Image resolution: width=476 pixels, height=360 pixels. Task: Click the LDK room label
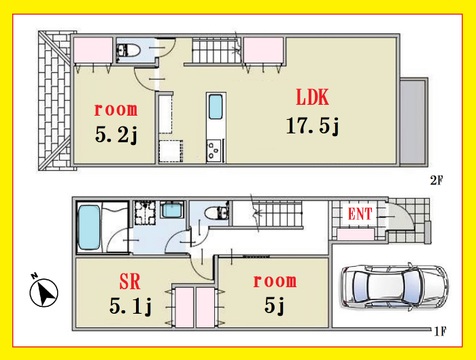coord(313,97)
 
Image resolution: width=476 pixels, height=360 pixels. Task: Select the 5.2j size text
coord(116,135)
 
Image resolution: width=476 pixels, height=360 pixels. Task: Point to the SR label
coord(130,282)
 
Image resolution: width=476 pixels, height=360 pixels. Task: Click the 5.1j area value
coord(130,306)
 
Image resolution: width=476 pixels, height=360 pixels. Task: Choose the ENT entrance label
coord(360,214)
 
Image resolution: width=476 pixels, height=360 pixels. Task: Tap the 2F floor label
coord(436,181)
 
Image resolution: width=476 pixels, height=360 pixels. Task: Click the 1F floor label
coord(440,332)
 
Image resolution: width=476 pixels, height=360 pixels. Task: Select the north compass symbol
coord(44,292)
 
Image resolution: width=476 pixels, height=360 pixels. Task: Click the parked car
coord(394,287)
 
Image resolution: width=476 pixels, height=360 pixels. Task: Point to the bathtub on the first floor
coord(89,228)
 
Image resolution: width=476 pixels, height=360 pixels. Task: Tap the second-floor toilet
coord(128,51)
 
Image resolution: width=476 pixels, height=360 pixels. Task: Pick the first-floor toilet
coord(216,213)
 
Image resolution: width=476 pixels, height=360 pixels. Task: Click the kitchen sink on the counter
coord(216,107)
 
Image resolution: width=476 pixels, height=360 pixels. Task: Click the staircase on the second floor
coord(216,50)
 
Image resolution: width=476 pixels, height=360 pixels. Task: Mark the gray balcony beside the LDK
coord(414,122)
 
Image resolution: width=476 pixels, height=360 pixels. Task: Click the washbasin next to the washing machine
coord(172,210)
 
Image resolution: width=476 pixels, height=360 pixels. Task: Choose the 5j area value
coord(275,306)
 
